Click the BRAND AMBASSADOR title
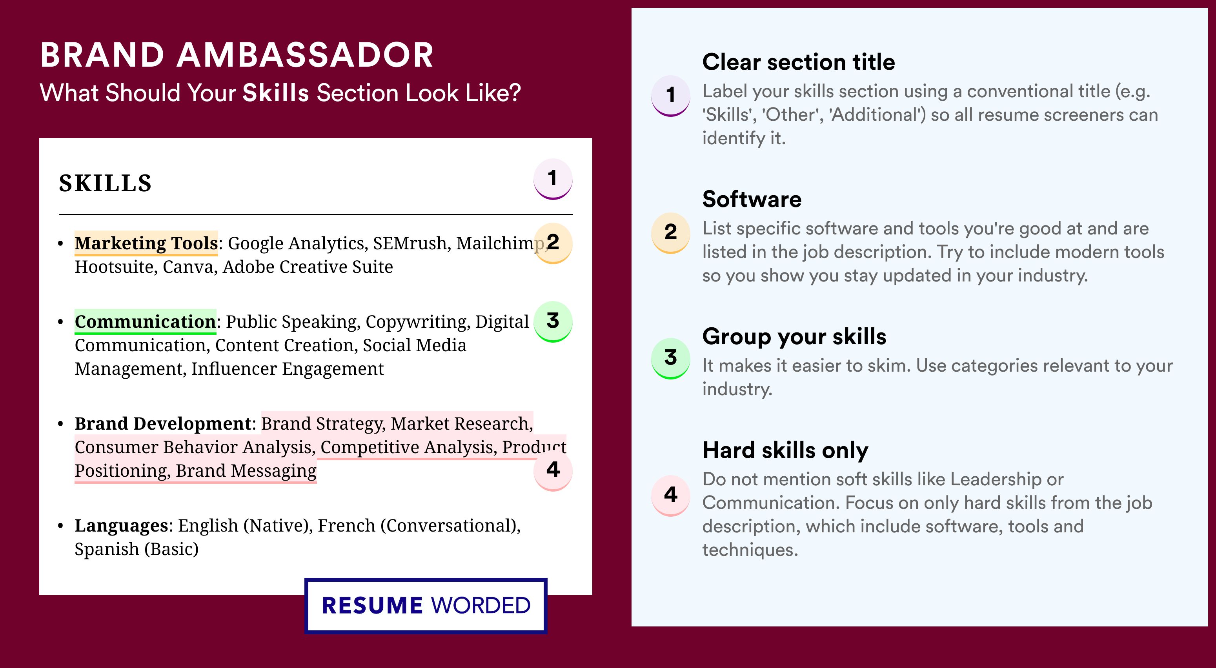pos(237,55)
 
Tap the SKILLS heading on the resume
pos(105,183)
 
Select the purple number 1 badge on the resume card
pos(553,179)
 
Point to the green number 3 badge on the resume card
pos(553,322)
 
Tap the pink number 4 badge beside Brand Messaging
pos(553,471)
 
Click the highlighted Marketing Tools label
pos(146,243)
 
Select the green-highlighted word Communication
pos(146,322)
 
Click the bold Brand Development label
pos(163,424)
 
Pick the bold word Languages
pos(121,526)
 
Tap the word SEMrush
pos(409,243)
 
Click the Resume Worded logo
pos(426,606)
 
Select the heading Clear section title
pos(798,62)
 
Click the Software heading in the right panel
pos(752,199)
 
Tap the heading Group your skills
pos(794,337)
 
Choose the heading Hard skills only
pos(785,450)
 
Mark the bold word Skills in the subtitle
pos(276,93)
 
